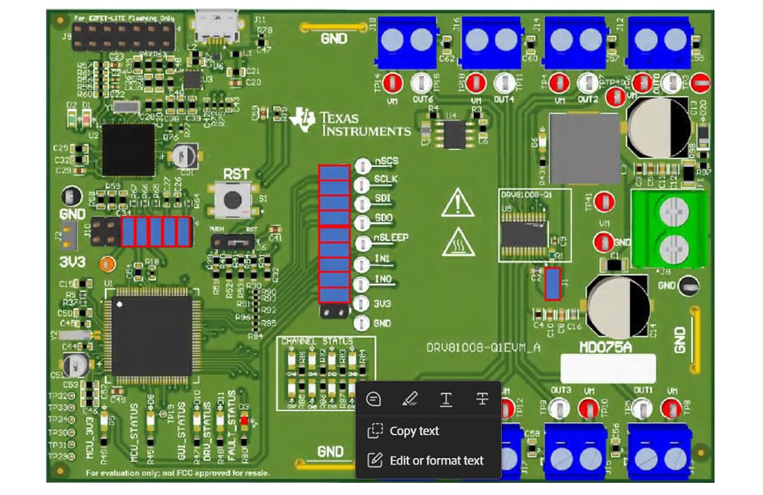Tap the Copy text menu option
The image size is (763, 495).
414,431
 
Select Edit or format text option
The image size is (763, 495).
436,461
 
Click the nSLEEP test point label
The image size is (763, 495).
392,238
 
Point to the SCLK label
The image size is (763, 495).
386,178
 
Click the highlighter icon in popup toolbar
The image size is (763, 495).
410,399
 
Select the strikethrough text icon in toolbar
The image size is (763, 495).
482,399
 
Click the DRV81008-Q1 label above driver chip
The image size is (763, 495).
525,195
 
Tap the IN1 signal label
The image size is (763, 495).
383,259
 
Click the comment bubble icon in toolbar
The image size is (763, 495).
373,399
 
